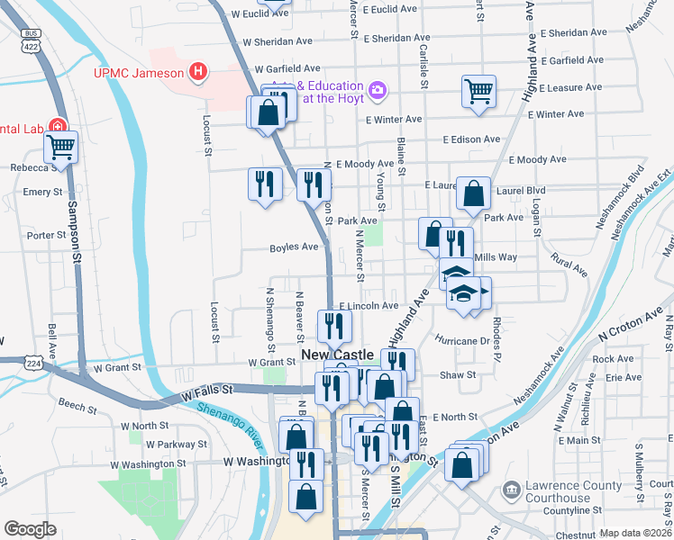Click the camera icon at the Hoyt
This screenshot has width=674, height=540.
377,90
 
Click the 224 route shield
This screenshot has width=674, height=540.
32,363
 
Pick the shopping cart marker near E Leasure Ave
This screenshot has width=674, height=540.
478,90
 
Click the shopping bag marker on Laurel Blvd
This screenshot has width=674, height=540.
473,193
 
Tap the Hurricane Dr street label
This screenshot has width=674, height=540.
460,341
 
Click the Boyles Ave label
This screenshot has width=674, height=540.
294,247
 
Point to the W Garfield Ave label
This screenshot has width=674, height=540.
287,68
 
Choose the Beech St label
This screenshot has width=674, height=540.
77,408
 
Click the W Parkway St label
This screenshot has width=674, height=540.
177,444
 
